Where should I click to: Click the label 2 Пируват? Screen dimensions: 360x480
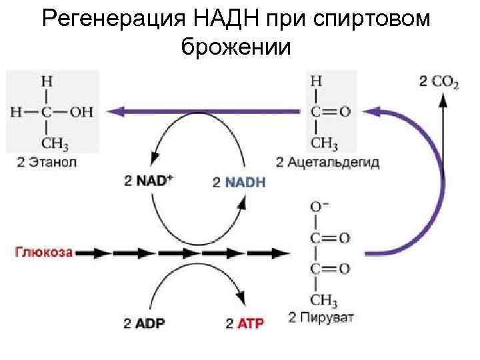click(323, 316)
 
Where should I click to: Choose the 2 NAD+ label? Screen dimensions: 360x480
click(148, 181)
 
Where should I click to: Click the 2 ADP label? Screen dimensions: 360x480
click(145, 324)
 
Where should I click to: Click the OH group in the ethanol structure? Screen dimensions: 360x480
click(81, 111)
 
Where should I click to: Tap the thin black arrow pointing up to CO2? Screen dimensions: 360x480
click(441, 140)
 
